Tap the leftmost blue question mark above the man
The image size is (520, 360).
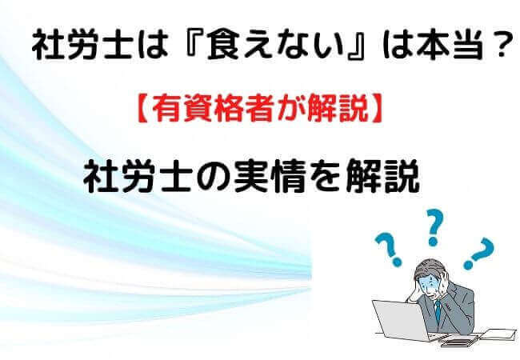click(x=391, y=249)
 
